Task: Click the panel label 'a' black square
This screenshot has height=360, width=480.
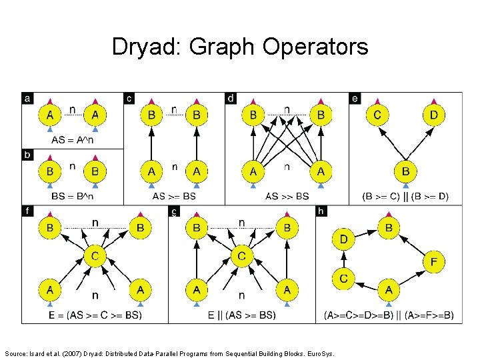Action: coord(27,99)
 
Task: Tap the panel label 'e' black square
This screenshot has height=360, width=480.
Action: coord(355,99)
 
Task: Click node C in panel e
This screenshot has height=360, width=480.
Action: coord(377,115)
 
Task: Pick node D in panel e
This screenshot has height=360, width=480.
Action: coord(435,115)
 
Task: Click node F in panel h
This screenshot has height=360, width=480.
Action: coord(434,263)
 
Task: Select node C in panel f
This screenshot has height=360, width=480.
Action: coord(95,256)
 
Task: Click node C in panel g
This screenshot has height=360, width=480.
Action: coord(241,256)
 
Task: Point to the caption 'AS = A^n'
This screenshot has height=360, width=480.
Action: coord(73,140)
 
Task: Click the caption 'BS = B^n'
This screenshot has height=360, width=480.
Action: coord(72,197)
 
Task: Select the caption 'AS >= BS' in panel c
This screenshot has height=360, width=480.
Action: coord(174,197)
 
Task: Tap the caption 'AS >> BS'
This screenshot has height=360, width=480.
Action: coord(287,197)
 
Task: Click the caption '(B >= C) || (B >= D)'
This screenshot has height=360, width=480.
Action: coord(405,197)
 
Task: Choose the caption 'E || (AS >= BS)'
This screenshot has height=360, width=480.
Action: coord(241,315)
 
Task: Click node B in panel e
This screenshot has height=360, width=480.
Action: coord(406,172)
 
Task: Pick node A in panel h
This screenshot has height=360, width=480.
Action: coord(389,289)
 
